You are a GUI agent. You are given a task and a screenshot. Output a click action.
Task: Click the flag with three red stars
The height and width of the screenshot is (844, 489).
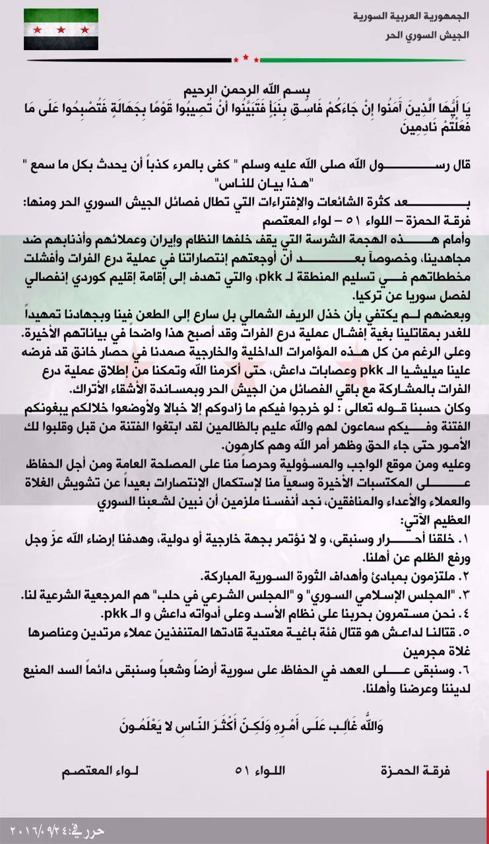(x=61, y=29)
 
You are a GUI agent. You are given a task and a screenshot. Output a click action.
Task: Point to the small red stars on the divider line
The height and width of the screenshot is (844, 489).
(x=245, y=59)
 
